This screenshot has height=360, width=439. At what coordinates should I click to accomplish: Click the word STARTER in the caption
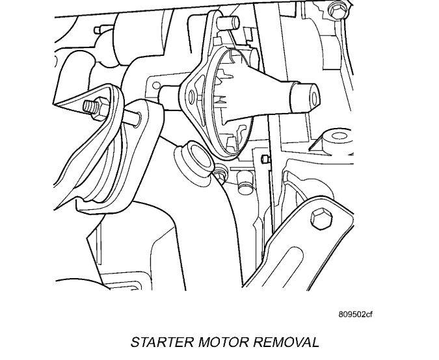pyautogui.click(x=157, y=342)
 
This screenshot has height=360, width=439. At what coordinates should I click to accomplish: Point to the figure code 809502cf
pyautogui.click(x=355, y=315)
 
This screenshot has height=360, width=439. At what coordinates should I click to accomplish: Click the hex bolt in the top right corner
pyautogui.click(x=336, y=10)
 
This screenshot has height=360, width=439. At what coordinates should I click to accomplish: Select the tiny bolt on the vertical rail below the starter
pyautogui.click(x=264, y=159)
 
